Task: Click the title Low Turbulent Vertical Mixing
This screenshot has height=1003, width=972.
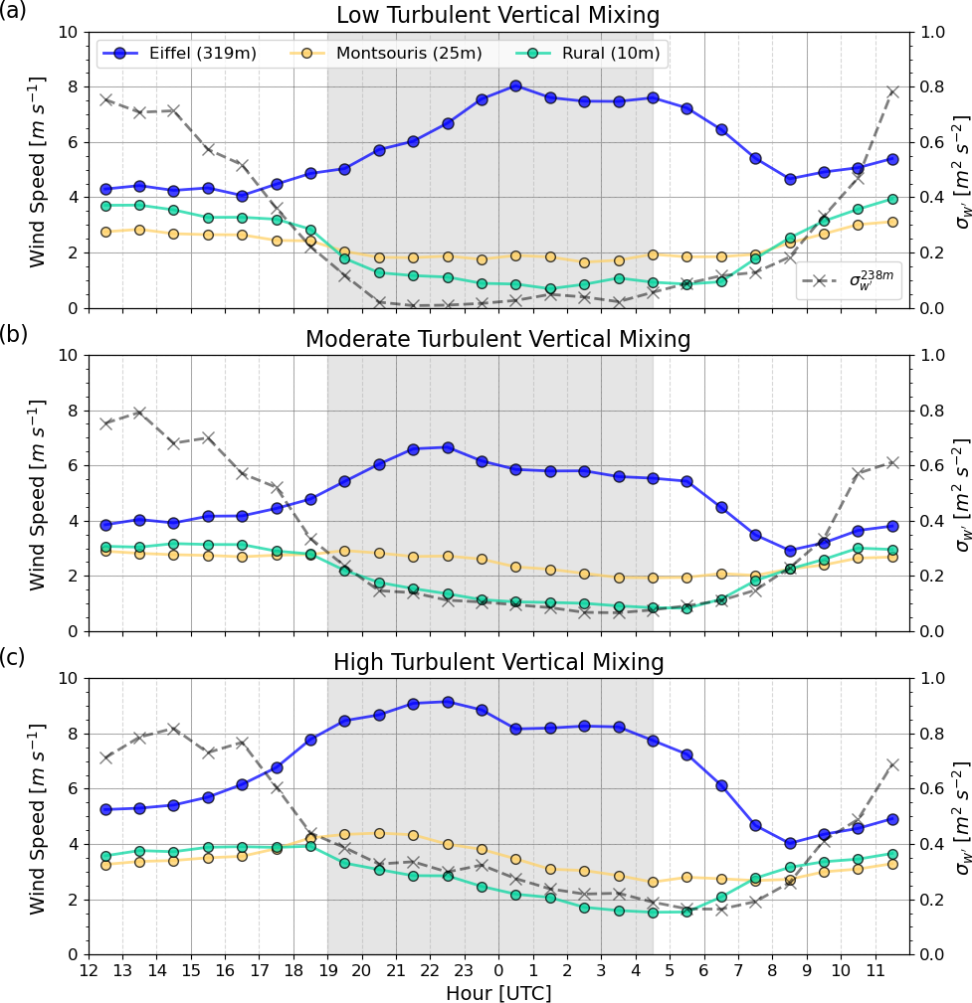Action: pos(498,16)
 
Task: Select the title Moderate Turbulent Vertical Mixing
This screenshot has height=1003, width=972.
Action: pos(498,339)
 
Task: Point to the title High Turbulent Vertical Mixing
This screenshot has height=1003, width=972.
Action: pos(498,662)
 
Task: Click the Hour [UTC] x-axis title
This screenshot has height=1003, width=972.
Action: pos(498,992)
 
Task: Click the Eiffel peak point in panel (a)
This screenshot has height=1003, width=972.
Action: pos(515,85)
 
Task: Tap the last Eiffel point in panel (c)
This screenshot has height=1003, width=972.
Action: pos(892,819)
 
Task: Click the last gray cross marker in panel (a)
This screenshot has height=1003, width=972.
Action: pos(892,91)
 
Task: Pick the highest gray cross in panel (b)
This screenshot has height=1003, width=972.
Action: pos(139,413)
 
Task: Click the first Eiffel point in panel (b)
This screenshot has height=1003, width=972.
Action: pos(105,525)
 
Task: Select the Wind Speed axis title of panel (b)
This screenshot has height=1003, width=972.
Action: pos(38,494)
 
